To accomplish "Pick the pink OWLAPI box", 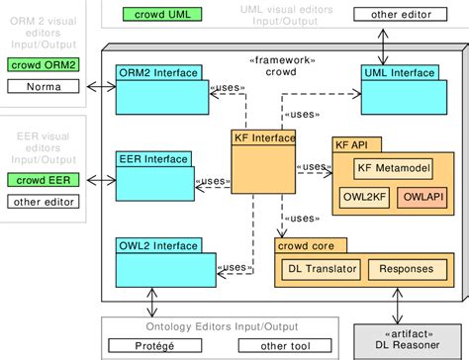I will (421, 197).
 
